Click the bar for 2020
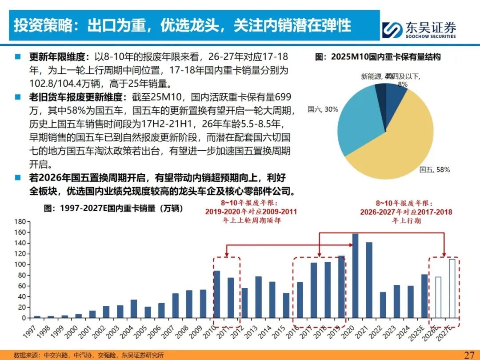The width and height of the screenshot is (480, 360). click(x=355, y=276)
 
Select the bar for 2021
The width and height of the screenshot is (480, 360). click(x=369, y=280)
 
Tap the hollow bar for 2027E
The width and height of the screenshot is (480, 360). click(x=452, y=288)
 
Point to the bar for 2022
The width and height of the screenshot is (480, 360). click(x=383, y=305)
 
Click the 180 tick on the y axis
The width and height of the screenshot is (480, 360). click(x=20, y=221)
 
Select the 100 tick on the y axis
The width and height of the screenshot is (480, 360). click(x=20, y=264)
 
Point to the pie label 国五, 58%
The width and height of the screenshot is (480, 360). click(x=435, y=169)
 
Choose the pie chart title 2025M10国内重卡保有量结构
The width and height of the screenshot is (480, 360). click(x=378, y=57)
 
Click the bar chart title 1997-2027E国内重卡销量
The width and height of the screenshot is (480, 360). click(x=113, y=208)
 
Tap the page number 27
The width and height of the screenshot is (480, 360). click(x=469, y=355)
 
